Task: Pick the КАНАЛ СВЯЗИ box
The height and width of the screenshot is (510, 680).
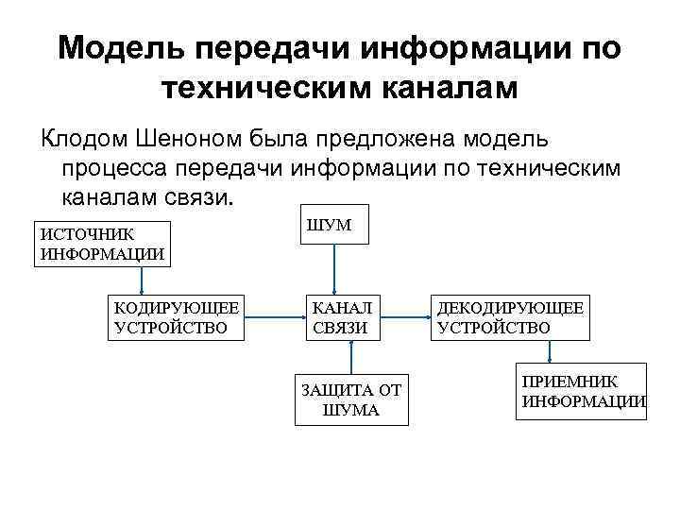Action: (342, 317)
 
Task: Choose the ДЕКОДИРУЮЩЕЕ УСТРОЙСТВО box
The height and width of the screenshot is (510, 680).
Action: (509, 317)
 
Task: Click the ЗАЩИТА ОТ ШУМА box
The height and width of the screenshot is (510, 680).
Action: (351, 399)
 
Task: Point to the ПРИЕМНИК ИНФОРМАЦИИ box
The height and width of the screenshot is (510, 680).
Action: (582, 390)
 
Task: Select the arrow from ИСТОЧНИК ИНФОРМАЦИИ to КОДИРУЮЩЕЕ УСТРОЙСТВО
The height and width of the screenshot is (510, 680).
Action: (143, 280)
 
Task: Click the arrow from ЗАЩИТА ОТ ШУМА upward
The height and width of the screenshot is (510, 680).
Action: (351, 358)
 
